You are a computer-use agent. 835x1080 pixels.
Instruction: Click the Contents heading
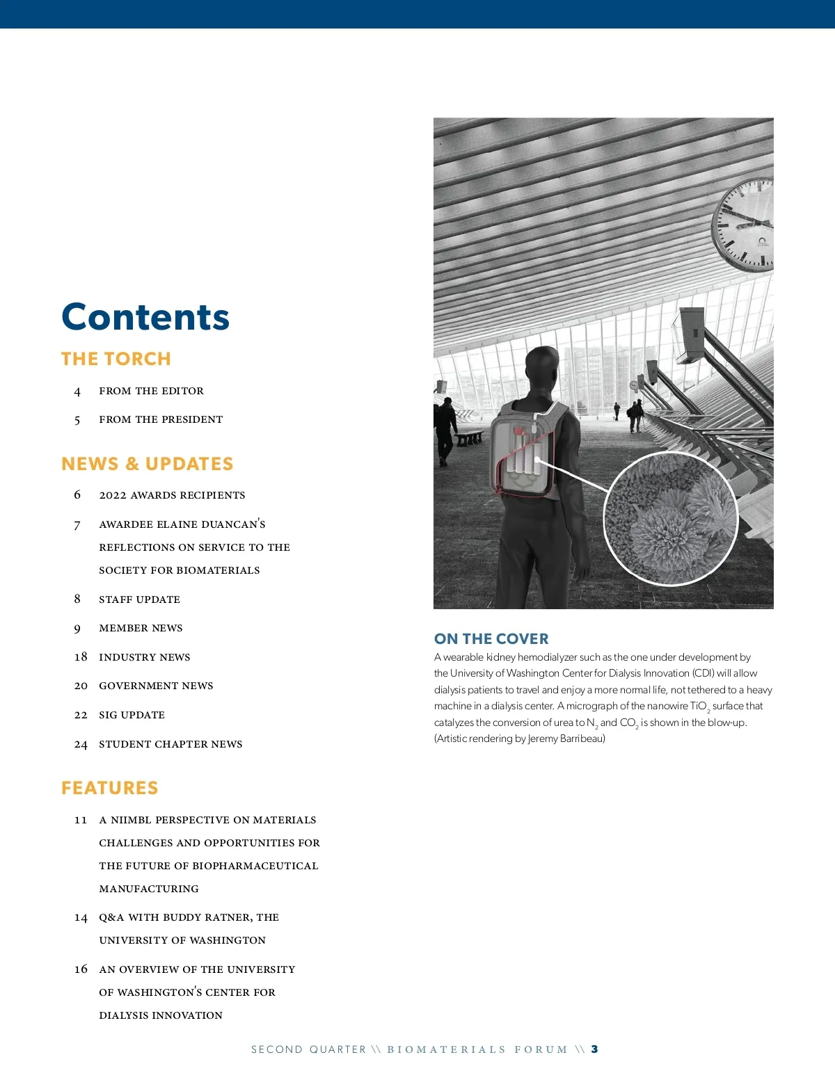(x=145, y=317)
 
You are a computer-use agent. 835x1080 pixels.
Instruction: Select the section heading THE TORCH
(x=116, y=359)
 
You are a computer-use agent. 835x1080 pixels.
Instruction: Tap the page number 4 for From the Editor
(x=77, y=392)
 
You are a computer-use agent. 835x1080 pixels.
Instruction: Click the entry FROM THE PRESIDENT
(x=161, y=419)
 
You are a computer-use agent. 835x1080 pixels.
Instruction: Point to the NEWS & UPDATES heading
(x=147, y=464)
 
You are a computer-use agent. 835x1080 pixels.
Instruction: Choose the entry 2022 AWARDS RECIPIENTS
(x=172, y=495)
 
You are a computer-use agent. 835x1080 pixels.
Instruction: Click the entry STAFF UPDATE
(x=139, y=599)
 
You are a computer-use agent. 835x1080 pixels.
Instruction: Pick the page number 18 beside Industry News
(x=81, y=657)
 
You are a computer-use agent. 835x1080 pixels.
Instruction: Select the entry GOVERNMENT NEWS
(x=156, y=686)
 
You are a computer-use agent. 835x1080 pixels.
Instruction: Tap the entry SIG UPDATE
(x=132, y=715)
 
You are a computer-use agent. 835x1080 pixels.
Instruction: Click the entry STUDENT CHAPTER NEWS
(x=170, y=744)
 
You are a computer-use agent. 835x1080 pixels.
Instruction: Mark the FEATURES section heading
(x=109, y=788)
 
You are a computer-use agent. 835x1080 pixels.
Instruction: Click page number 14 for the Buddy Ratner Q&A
(x=81, y=918)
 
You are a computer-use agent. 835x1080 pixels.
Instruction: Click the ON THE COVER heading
(x=491, y=638)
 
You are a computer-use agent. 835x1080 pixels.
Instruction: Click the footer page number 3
(x=594, y=1049)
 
